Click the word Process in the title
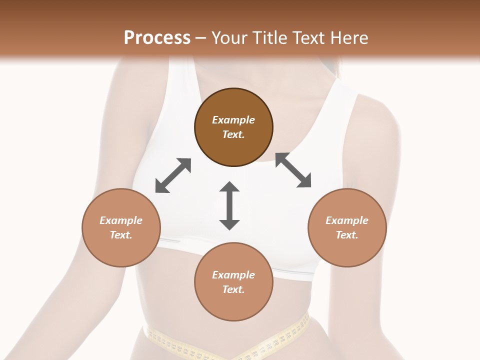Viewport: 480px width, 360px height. [x=157, y=38]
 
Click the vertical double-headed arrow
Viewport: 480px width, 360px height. [x=229, y=205]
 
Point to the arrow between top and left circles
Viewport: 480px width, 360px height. [x=173, y=175]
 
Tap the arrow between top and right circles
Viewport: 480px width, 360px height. [x=293, y=170]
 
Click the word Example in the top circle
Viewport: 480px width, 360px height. [x=233, y=120]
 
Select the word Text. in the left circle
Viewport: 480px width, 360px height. [x=121, y=235]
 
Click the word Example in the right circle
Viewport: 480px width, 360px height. [x=347, y=220]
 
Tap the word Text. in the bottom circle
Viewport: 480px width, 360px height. [x=233, y=289]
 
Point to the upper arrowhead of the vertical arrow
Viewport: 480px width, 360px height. [x=229, y=188]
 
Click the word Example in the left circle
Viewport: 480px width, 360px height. [x=121, y=220]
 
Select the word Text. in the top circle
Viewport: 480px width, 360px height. [x=233, y=134]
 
